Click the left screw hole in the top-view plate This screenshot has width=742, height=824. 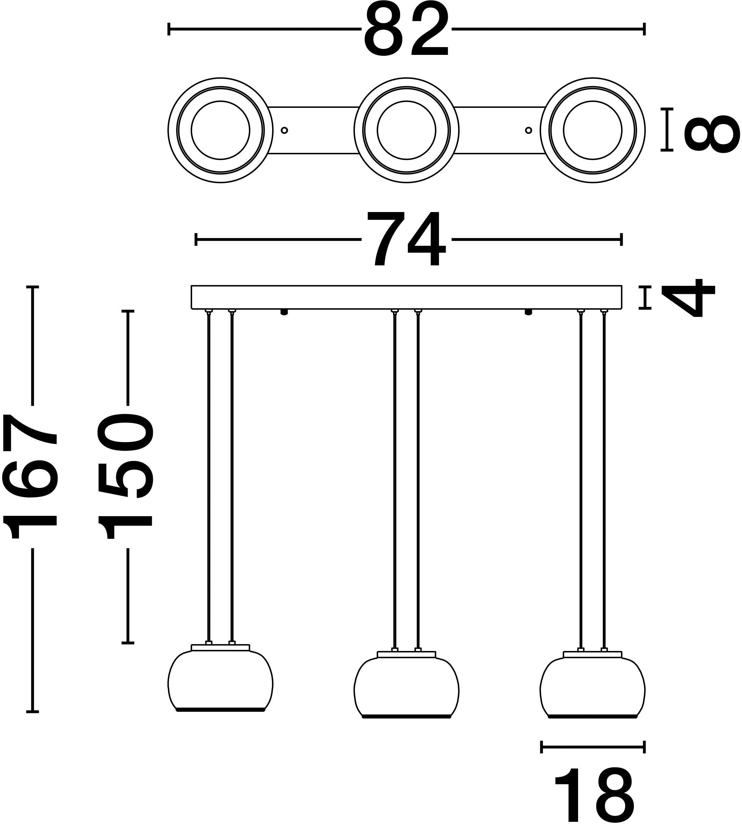(x=285, y=131)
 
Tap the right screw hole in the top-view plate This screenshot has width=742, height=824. (x=528, y=131)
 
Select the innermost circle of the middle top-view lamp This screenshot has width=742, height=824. (x=406, y=131)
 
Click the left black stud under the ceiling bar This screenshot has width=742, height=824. (x=285, y=312)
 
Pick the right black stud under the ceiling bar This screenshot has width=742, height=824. (x=528, y=312)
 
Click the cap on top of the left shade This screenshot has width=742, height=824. (x=220, y=648)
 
